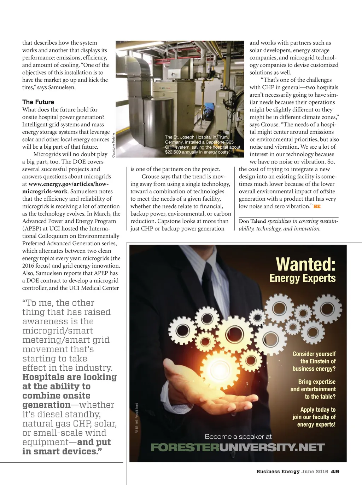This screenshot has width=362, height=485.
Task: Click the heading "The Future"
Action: tap(38, 102)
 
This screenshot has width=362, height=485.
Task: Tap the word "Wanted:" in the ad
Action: tap(305, 264)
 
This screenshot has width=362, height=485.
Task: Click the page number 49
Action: tap(335, 472)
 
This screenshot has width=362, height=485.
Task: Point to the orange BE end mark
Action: tap(317, 206)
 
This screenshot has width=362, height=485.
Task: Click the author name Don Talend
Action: tap(252, 221)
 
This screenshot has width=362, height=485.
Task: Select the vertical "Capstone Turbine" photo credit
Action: tap(113, 145)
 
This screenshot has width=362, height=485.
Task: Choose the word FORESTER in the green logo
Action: tap(185, 447)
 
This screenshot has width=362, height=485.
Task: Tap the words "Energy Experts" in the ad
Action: tap(302, 278)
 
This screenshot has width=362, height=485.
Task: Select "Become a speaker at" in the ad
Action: tap(238, 436)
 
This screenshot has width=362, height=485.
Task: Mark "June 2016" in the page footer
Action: tap(315, 472)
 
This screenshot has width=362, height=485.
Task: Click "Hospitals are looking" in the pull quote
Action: tap(69, 377)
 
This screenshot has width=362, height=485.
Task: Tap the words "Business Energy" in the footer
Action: tap(278, 472)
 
